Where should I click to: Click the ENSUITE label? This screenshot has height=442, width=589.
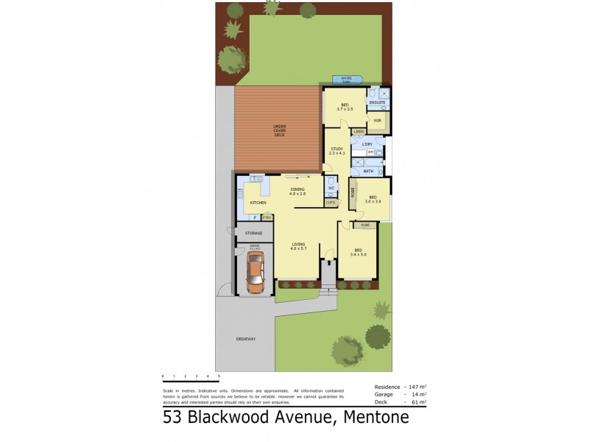[x=378, y=102]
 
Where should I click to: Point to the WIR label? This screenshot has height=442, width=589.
[x=377, y=120]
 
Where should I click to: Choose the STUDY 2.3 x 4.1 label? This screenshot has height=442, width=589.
[x=336, y=151]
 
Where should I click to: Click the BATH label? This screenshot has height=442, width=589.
[x=368, y=171]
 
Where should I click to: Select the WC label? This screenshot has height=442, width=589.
[x=331, y=188]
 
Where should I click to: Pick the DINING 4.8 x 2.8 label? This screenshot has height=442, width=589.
[x=297, y=192]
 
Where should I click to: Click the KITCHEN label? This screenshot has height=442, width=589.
[x=258, y=202]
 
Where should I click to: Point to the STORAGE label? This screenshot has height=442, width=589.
[x=254, y=234]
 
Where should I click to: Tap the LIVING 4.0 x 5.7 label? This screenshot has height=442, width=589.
[x=298, y=247]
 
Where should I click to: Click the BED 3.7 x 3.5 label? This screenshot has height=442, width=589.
[x=345, y=108]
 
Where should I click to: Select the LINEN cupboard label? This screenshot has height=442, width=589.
[x=359, y=132]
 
